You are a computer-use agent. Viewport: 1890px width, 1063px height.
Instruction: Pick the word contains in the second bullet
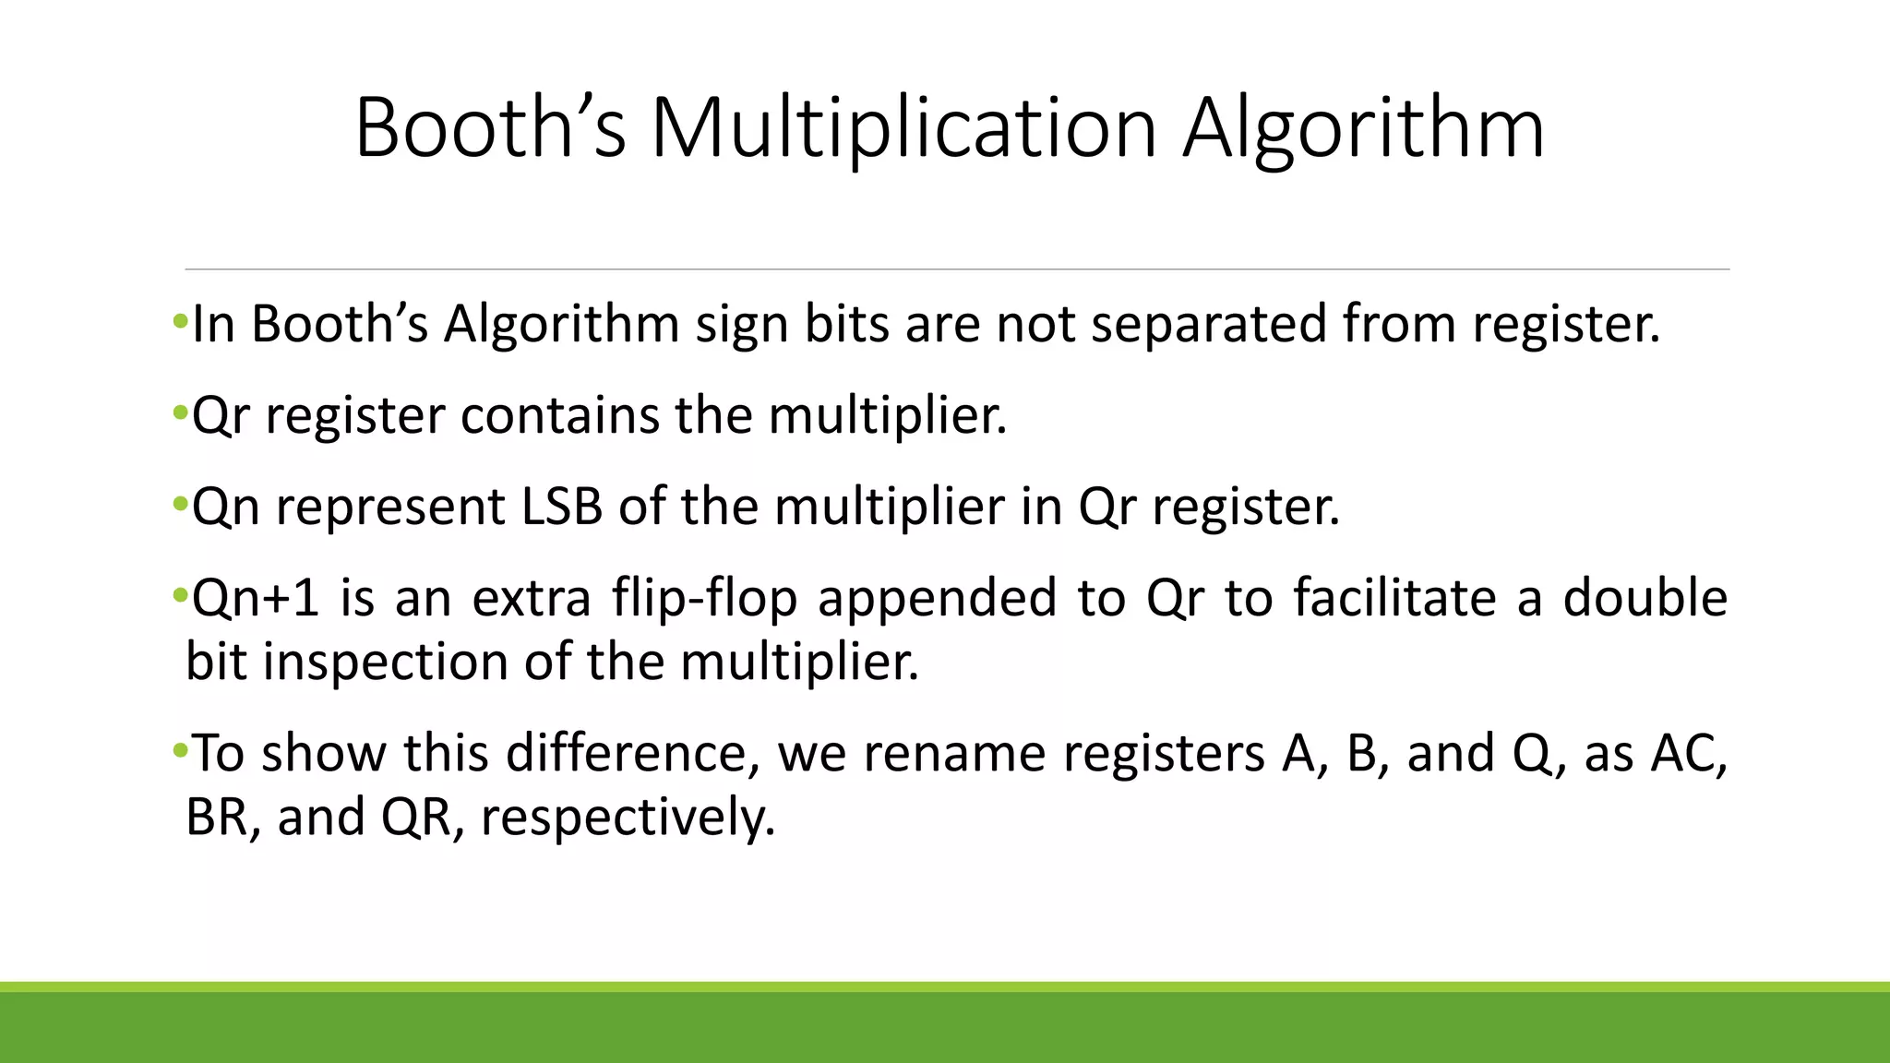tap(560, 415)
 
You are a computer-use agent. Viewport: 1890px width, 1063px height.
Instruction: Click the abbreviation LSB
tap(562, 507)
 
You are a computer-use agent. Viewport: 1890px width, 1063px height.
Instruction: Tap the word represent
tap(391, 507)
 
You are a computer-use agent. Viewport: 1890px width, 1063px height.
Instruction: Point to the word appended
tap(937, 598)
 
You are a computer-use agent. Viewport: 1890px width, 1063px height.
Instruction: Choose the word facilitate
tap(1394, 598)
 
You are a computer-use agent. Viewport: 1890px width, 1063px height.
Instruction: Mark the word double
tap(1645, 598)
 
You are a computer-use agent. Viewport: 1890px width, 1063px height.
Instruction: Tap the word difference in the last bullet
tap(627, 753)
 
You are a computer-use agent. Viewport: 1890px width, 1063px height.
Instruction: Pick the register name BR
tap(221, 817)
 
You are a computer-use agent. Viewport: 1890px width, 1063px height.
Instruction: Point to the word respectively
tap(628, 817)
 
